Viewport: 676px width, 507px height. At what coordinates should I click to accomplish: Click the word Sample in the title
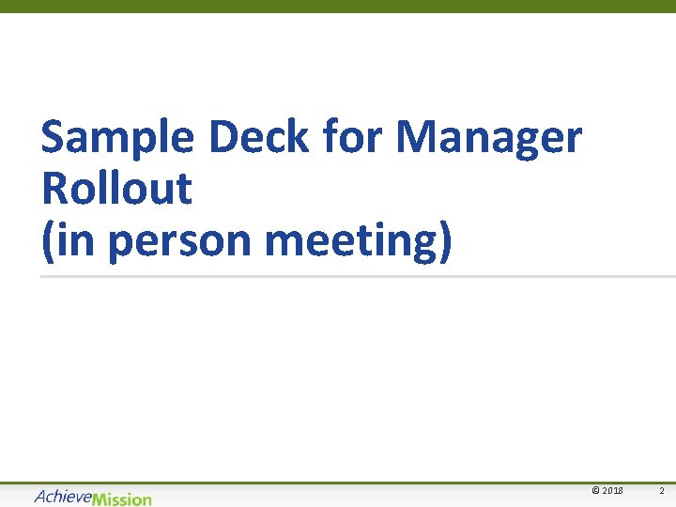(x=116, y=139)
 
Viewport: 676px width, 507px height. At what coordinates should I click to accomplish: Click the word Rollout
(x=116, y=189)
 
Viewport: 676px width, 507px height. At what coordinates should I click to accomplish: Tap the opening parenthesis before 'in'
(x=48, y=241)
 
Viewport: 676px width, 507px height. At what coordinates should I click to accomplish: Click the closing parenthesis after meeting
(x=445, y=241)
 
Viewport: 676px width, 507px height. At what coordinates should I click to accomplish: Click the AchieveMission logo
(x=92, y=498)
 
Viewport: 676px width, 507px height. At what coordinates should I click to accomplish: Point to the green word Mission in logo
(x=122, y=499)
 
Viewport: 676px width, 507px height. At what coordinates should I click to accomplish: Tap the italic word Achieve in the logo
(x=63, y=497)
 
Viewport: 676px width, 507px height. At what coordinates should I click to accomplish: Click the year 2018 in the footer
(x=611, y=491)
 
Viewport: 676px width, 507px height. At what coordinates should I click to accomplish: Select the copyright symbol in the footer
(x=595, y=491)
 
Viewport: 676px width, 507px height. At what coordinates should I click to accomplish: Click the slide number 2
(x=661, y=491)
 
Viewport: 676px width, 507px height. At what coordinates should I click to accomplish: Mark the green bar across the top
(x=338, y=6)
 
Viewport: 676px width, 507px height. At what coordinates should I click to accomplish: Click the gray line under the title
(x=357, y=276)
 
